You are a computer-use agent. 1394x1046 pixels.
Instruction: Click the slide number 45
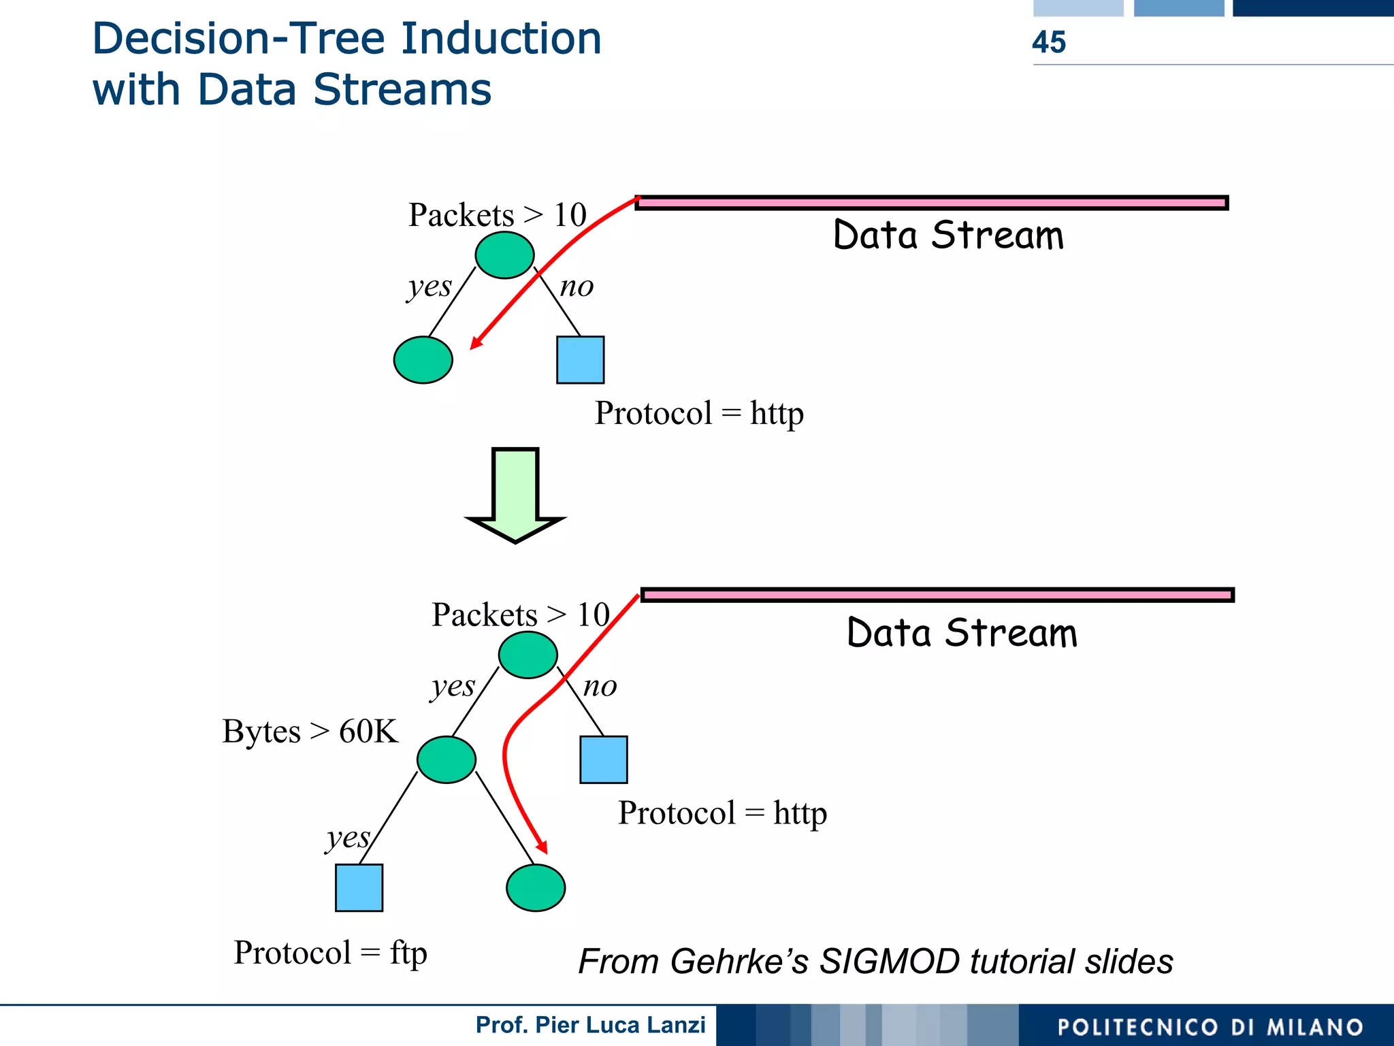point(1048,42)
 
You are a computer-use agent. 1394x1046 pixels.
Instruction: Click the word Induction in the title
point(501,39)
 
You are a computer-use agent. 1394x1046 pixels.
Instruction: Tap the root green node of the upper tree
point(504,255)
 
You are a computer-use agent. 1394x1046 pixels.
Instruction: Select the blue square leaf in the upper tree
point(580,359)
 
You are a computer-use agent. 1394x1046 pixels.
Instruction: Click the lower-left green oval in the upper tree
point(423,359)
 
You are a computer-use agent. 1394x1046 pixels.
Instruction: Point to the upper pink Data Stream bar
point(931,202)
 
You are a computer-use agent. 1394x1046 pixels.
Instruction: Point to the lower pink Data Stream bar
point(937,595)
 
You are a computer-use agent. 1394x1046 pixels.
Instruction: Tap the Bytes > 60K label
point(310,732)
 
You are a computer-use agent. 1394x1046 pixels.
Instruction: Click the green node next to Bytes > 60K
point(446,759)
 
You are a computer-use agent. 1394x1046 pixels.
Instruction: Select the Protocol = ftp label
point(330,953)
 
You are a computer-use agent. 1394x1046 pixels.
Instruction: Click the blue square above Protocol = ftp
point(359,887)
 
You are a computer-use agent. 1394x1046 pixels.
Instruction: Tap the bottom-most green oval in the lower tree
point(536,887)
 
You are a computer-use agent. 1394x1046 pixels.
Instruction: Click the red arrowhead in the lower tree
point(542,846)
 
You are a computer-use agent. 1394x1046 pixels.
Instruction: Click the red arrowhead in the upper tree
point(476,342)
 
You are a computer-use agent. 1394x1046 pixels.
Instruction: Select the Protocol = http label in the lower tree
point(722,813)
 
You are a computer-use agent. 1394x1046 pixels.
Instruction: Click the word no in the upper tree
point(577,287)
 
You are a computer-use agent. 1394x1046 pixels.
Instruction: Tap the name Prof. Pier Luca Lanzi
point(590,1025)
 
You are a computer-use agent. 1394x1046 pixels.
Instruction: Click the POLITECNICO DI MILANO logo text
point(1210,1027)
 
